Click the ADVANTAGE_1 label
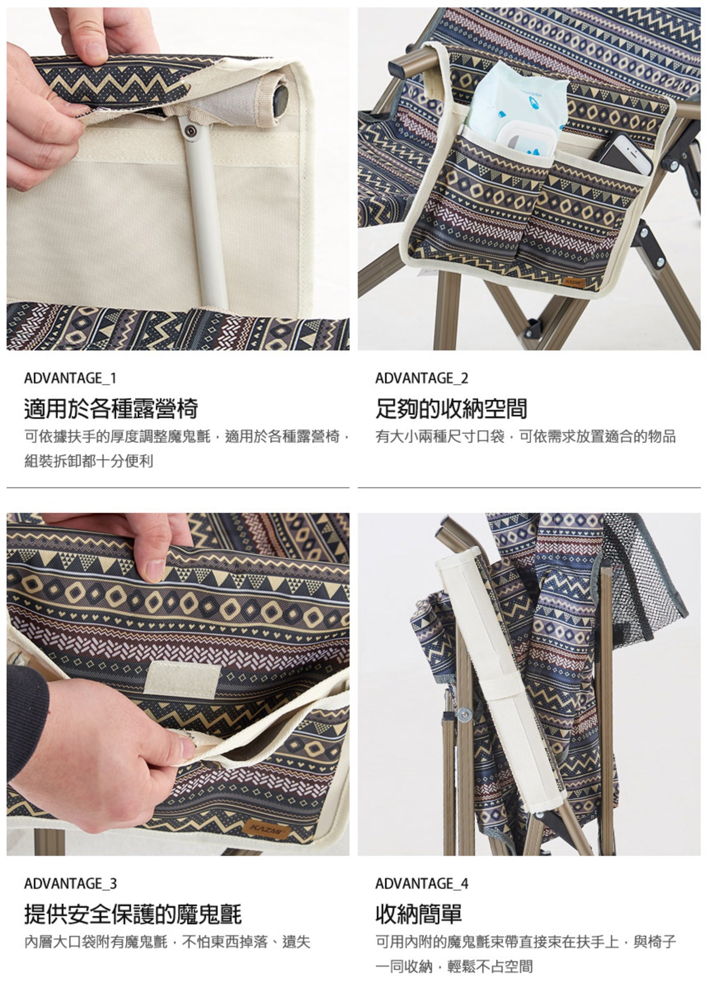(70, 378)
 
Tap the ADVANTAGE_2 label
(422, 378)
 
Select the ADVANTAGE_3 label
(70, 884)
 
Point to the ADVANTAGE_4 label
(422, 884)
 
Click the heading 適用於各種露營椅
(111, 409)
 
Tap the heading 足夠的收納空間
(451, 409)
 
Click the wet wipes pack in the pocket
(518, 108)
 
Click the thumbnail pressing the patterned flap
(155, 571)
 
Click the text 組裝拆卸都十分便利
(89, 462)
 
